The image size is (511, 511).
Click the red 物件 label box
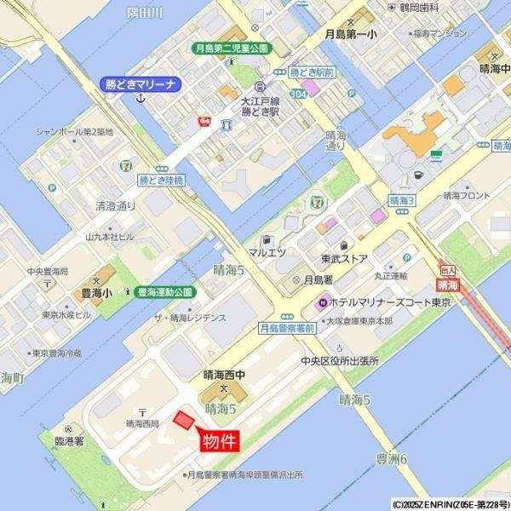coord(219,442)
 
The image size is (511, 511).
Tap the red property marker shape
coord(183,419)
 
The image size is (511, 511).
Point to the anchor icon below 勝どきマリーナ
coord(141,99)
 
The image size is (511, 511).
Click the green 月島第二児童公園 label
coord(231,49)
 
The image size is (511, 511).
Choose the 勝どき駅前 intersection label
coord(311,73)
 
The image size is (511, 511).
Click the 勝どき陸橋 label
coord(162,181)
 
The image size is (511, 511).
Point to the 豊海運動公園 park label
coord(165,291)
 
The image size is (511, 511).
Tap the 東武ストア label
coord(344,257)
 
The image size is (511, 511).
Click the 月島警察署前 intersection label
coord(287,327)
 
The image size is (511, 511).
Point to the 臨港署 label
coord(69,441)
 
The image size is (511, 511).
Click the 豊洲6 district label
coord(393,460)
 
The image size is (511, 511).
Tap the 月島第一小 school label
coord(352,35)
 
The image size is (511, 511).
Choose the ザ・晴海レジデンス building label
coord(190,318)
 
